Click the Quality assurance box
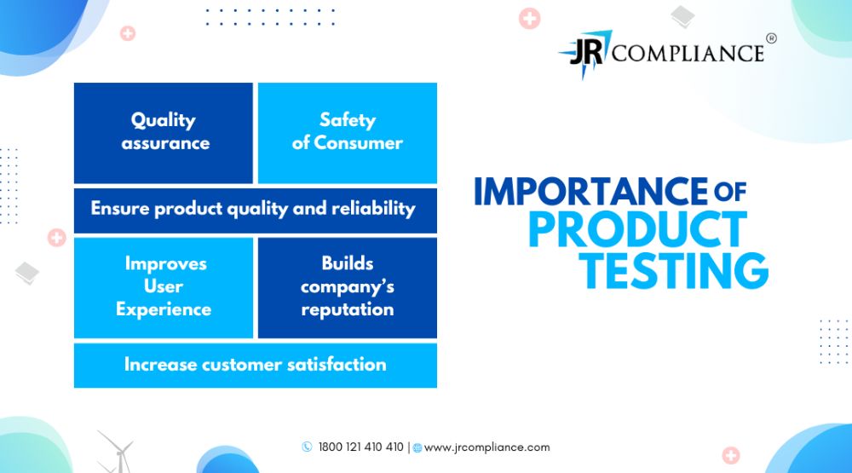[x=163, y=133]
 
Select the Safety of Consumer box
[x=348, y=133]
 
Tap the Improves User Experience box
[x=163, y=287]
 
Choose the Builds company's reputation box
[x=348, y=287]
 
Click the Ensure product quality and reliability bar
[x=256, y=211]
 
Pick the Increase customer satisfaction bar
[x=256, y=366]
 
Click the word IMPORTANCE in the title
[x=591, y=191]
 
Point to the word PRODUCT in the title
[x=638, y=229]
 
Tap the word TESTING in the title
[x=674, y=270]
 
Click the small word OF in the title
[x=730, y=192]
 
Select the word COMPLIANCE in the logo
[x=688, y=54]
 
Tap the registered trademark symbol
[x=771, y=38]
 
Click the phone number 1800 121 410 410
[x=360, y=447]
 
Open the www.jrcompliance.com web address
[x=486, y=447]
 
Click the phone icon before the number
[x=307, y=447]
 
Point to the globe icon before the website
[x=417, y=448]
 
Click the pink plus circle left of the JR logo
[x=529, y=19]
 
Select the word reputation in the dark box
[x=348, y=310]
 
